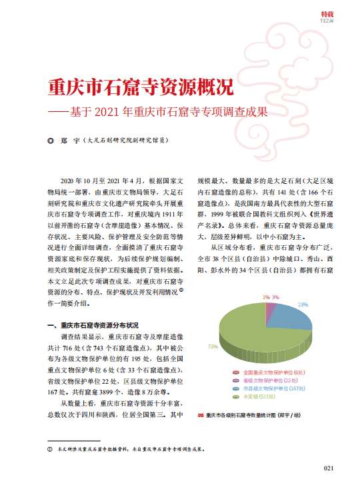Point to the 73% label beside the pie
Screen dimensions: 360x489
click(213, 346)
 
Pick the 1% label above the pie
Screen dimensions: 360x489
click(265, 296)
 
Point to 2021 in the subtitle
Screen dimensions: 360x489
click(119, 112)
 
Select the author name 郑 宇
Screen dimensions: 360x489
click(67, 141)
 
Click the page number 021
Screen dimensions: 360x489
click(328, 468)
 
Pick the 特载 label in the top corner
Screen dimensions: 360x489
click(327, 13)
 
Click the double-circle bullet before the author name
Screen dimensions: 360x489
click(48, 141)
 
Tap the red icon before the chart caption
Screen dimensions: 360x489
click(201, 415)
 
